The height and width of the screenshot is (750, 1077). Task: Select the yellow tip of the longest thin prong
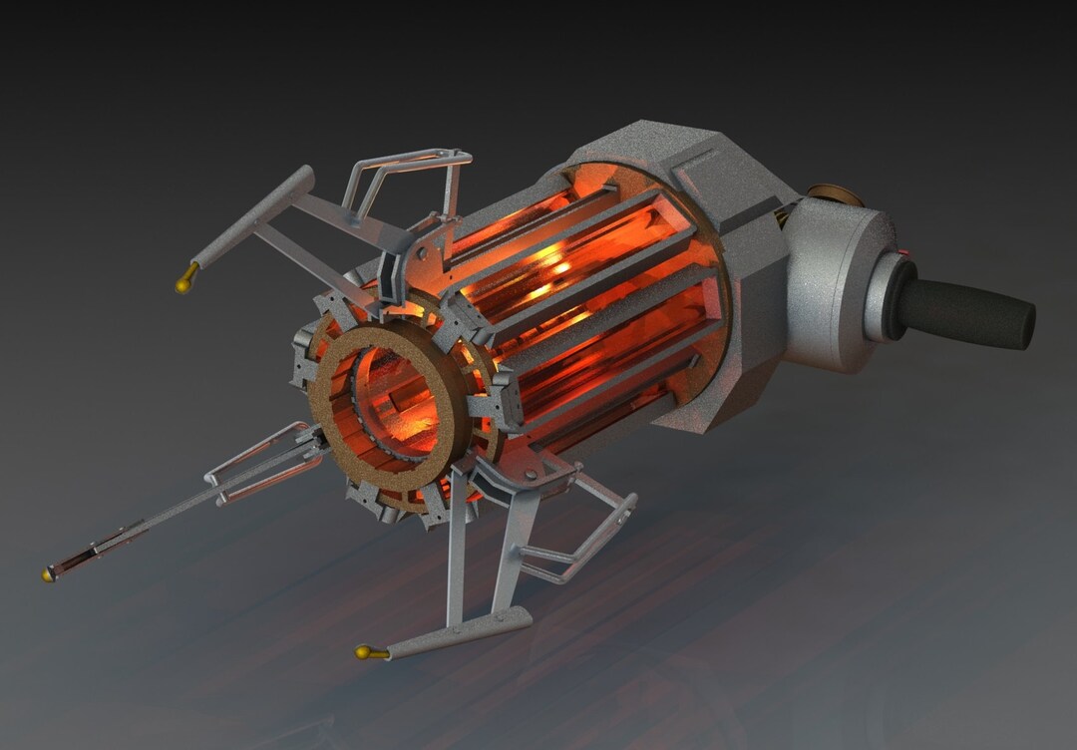[48, 574]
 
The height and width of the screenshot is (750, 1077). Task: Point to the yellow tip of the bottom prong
[362, 653]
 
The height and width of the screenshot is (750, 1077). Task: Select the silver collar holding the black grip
[882, 299]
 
